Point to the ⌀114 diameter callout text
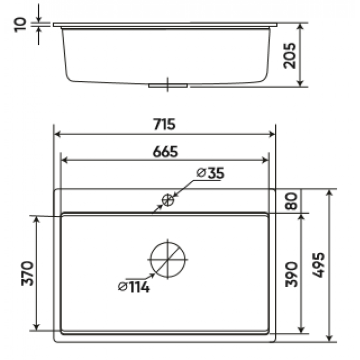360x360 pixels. [x=133, y=287]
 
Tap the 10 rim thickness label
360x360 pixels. [x=20, y=25]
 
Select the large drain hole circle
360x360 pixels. [x=168, y=259]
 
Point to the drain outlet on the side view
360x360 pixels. [x=168, y=86]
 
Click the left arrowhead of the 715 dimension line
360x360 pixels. [x=58, y=134]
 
